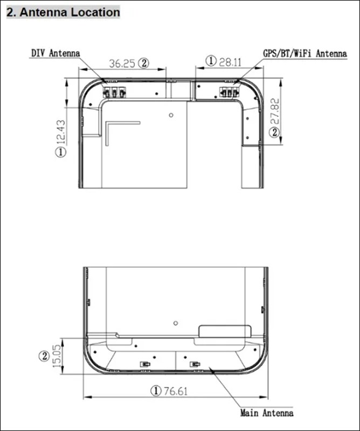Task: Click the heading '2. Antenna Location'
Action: (63, 12)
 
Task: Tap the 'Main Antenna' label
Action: (267, 413)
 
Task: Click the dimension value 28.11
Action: (230, 62)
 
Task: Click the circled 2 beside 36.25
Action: (143, 63)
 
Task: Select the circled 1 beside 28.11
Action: (211, 62)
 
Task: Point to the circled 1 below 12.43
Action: (60, 152)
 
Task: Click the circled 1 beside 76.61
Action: (156, 391)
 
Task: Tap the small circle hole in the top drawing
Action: (171, 115)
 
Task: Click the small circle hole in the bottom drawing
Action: (175, 323)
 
